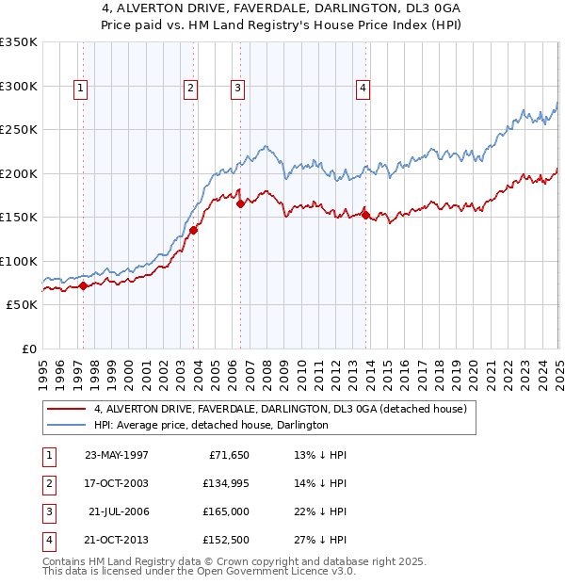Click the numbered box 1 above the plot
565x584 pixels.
click(80, 89)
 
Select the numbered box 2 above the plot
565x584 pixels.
click(190, 89)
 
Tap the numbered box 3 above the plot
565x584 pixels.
click(237, 89)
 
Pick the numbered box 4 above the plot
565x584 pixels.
click(363, 89)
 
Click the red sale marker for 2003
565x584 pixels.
click(194, 229)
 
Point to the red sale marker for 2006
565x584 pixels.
click(241, 203)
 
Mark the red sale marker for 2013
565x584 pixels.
click(366, 215)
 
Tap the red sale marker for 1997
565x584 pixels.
click(84, 285)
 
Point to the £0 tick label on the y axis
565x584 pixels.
click(27, 349)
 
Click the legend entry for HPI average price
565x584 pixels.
click(210, 426)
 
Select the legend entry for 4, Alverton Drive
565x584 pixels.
click(280, 409)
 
